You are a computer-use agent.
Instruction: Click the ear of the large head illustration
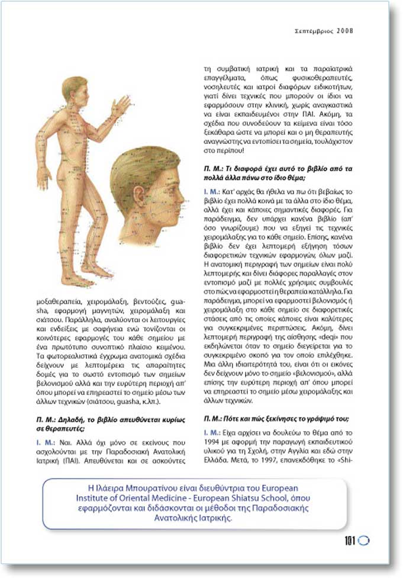click(x=139, y=195)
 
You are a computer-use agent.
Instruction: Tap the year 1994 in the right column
click(x=211, y=442)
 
